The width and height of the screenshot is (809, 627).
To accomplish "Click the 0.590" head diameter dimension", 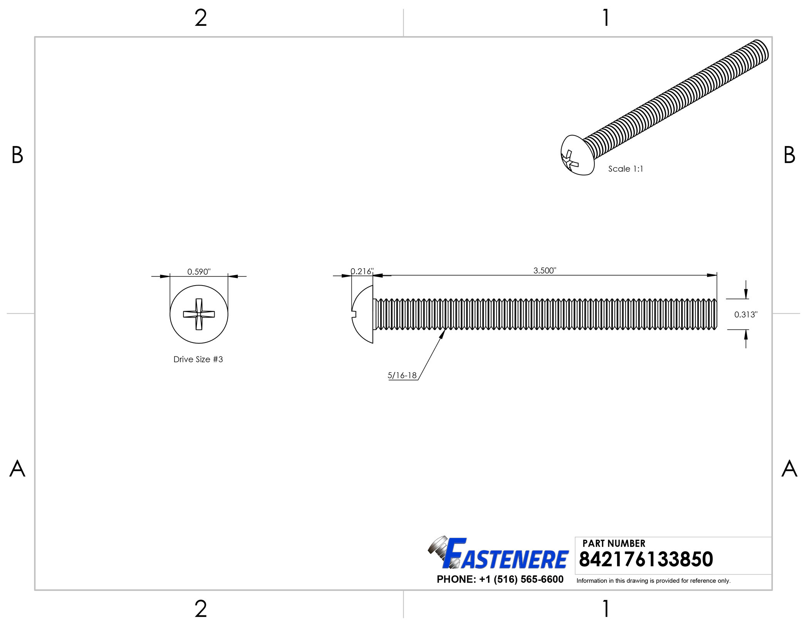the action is (x=199, y=272).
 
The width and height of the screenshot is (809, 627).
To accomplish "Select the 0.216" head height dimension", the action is (x=362, y=271).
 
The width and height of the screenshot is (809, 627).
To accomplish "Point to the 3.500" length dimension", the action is (x=545, y=271).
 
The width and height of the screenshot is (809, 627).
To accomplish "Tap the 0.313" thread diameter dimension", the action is (x=746, y=314).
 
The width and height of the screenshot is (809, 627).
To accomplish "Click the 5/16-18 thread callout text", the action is (x=402, y=375).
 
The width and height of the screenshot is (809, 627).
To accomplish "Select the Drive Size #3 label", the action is (x=198, y=359).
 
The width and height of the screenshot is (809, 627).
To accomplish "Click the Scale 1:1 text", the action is (x=626, y=169).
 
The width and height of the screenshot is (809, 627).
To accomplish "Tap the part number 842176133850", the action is (x=646, y=559).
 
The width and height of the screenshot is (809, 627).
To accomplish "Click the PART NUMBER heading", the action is (x=614, y=543).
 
